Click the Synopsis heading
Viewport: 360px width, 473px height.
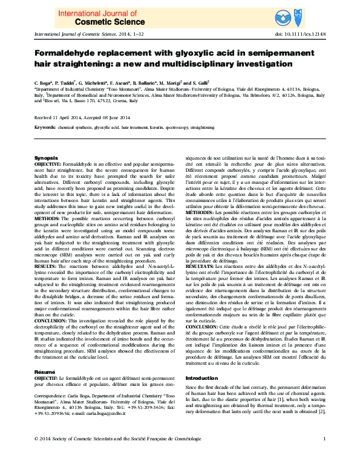45,157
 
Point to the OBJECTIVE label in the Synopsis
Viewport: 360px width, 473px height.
47,164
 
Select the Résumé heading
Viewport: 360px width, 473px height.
44,354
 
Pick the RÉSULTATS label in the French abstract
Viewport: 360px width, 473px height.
200,265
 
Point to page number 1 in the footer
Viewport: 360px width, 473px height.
325,455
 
